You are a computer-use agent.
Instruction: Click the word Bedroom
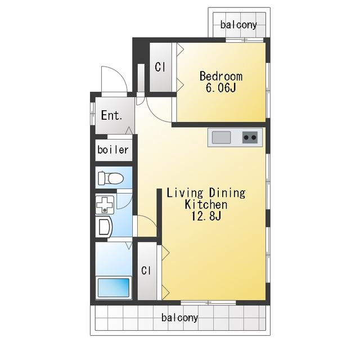221,76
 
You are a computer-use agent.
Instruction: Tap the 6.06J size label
221,88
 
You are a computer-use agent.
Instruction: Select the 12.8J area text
206,216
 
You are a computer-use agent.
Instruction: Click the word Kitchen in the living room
206,204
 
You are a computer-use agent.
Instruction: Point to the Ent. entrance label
111,115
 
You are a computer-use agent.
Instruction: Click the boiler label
113,150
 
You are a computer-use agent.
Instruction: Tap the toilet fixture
111,178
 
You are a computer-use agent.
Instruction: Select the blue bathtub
114,287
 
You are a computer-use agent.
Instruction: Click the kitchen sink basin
221,137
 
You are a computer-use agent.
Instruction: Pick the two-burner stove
250,137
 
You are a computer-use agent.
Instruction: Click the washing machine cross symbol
105,205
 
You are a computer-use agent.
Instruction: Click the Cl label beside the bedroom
160,67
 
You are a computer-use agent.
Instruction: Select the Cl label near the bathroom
146,271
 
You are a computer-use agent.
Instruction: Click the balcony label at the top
238,25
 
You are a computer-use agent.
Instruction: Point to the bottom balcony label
179,318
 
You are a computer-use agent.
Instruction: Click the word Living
185,193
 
